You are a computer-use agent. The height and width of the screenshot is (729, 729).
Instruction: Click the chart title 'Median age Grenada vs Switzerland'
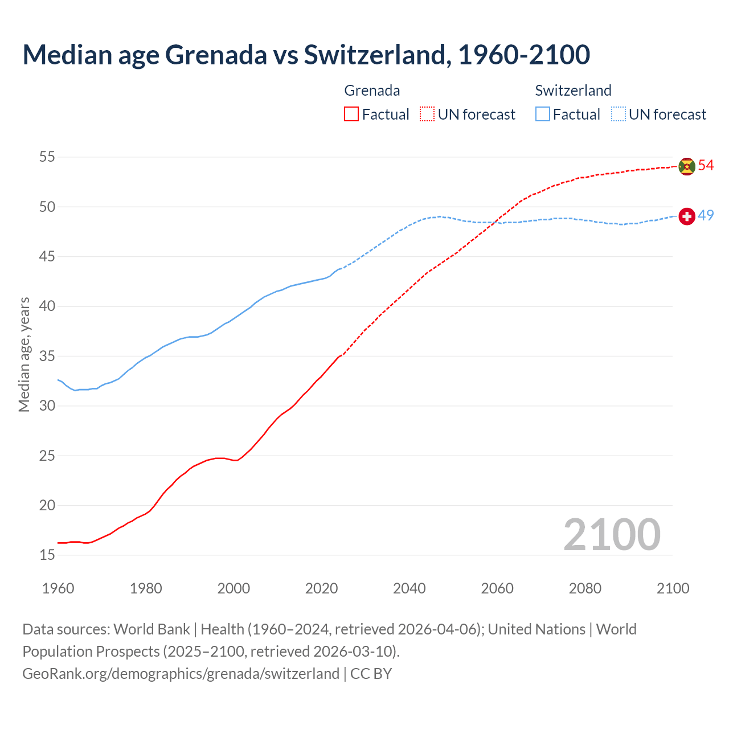point(306,55)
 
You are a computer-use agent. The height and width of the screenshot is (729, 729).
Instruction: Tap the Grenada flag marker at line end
point(687,166)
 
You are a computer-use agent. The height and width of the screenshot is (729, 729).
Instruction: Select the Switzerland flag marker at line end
point(687,216)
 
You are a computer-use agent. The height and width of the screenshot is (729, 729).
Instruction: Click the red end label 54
point(706,166)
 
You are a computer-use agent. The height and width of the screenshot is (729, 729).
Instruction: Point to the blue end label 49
point(706,216)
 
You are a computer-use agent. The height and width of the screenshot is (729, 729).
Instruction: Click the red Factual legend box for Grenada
point(351,114)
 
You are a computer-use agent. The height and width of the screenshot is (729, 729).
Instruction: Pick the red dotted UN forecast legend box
point(427,114)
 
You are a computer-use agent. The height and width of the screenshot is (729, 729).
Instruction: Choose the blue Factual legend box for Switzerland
point(543,114)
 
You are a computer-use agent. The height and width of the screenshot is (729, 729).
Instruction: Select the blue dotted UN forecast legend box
point(618,114)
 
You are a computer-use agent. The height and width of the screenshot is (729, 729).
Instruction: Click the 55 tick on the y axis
point(47,157)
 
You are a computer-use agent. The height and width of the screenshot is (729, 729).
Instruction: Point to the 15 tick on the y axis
point(47,555)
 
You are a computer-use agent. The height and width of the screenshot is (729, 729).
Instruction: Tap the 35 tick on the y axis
point(47,357)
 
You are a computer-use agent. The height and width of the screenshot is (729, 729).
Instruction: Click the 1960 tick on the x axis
point(58,588)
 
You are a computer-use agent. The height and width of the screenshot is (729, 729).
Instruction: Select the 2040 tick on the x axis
point(409,588)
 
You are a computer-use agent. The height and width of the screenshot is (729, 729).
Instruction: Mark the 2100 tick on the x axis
point(673,588)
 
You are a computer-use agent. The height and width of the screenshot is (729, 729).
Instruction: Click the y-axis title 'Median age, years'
point(24,354)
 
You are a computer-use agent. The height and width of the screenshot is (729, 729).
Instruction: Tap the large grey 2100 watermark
point(612,535)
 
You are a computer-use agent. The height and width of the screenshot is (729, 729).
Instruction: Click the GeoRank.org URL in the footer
point(181,674)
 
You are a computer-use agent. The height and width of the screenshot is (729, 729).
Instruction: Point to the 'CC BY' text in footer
point(371,674)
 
